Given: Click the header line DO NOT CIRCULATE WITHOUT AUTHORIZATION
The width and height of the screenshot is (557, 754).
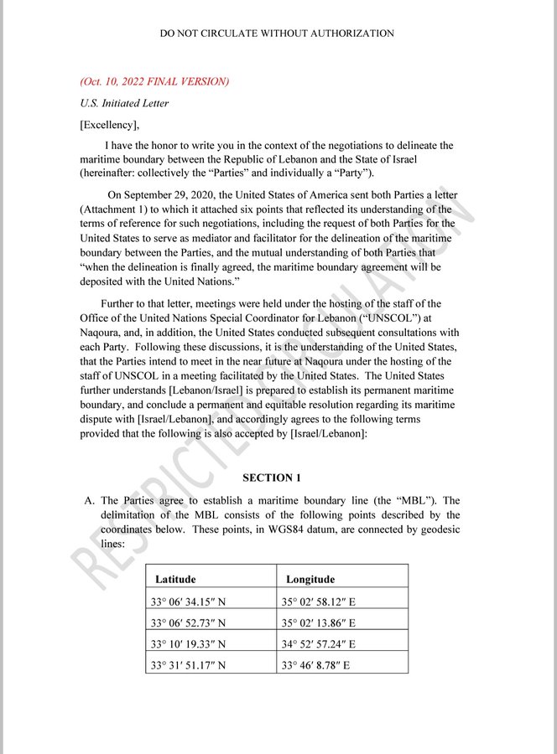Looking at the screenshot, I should (x=277, y=34).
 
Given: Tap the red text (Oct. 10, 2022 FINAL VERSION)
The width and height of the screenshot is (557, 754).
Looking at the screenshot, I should (x=154, y=82).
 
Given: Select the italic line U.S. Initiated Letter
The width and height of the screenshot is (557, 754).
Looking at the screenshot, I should (x=124, y=104).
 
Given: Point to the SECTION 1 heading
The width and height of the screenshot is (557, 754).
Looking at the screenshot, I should (x=272, y=478).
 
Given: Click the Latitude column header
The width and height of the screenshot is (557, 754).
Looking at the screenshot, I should (x=175, y=579).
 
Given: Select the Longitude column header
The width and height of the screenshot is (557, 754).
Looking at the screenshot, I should (x=310, y=579).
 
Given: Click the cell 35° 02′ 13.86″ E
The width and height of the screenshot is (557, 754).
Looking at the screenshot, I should (x=321, y=622).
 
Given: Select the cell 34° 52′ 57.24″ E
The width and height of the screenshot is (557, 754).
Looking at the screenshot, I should (x=321, y=644).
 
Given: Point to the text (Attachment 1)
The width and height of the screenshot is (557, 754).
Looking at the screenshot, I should (x=116, y=209).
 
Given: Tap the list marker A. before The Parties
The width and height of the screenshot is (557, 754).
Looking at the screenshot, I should (x=87, y=501).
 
